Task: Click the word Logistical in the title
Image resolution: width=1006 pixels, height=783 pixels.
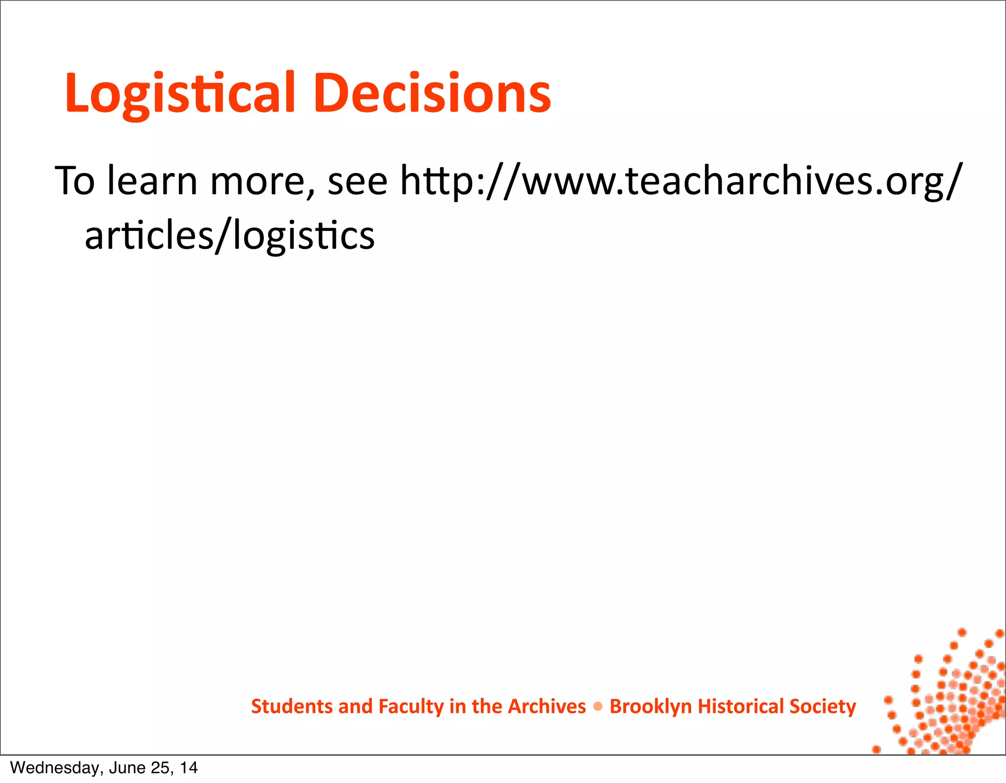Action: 180,93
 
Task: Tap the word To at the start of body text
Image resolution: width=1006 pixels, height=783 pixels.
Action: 75,181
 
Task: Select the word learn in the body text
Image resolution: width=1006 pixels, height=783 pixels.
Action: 152,181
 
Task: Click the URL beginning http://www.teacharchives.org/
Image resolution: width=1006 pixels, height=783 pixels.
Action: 678,181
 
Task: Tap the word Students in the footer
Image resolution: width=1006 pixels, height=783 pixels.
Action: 292,706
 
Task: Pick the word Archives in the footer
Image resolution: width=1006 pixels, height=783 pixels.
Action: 547,706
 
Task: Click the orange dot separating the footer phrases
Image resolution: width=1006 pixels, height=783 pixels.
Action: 598,707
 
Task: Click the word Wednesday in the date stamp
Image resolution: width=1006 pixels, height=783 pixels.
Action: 54,768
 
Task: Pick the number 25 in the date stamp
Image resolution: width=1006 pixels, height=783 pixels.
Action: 162,768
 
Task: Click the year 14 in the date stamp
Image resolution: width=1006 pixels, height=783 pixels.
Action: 189,768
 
